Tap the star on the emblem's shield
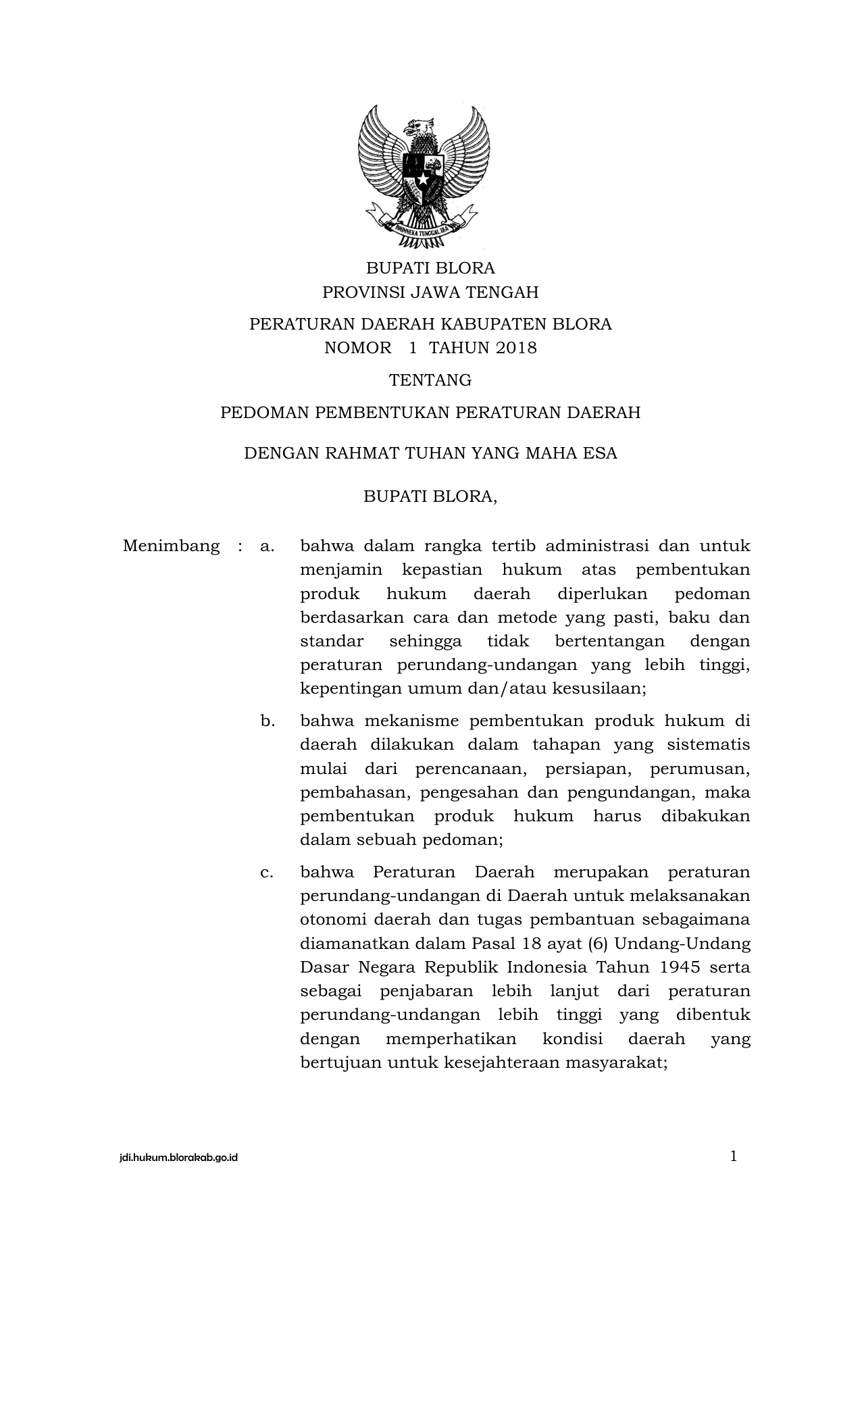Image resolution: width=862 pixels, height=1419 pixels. click(423, 180)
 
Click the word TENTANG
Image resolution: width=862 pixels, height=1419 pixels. click(430, 380)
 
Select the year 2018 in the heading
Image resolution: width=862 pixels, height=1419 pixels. click(515, 348)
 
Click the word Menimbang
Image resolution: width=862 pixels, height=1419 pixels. click(172, 546)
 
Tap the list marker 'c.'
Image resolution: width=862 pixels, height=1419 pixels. click(267, 872)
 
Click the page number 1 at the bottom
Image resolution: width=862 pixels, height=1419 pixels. click(734, 1156)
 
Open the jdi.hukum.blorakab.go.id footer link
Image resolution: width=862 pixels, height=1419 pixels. click(178, 1158)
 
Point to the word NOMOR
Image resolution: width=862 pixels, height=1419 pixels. click(358, 348)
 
